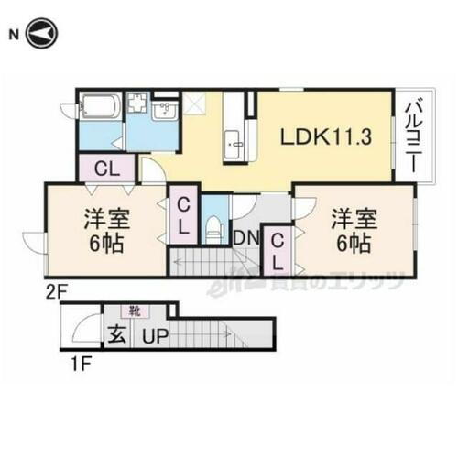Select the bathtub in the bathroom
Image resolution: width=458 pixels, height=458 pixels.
96,109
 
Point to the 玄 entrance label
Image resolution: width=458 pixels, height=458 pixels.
118,336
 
